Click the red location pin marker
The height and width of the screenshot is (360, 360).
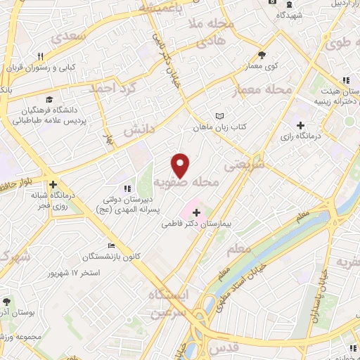pos(181,165)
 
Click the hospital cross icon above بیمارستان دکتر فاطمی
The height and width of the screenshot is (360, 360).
pos(195,212)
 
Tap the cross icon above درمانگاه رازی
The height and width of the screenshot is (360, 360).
pos(301,124)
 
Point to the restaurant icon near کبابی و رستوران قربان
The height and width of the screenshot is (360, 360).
pos(41,57)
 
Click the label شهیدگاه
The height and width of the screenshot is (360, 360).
pos(288,15)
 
